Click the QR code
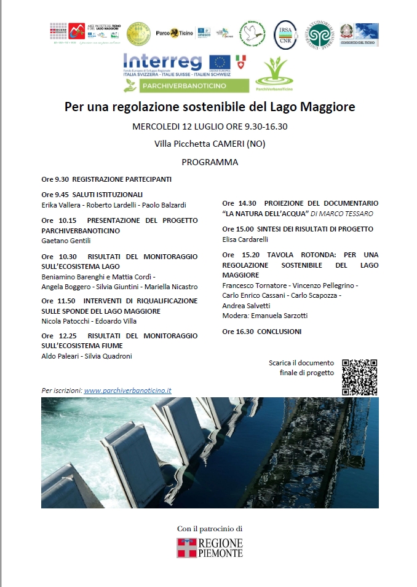tap(359, 377)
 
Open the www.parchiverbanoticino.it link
tap(127, 391)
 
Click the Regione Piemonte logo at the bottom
tap(210, 547)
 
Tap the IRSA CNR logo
tap(285, 34)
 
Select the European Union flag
tap(220, 62)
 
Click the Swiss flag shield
tap(241, 62)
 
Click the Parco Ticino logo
tap(167, 33)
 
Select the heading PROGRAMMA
tap(210, 162)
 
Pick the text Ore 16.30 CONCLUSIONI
tap(262, 332)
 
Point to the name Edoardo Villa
tap(122, 321)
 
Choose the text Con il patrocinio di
tap(210, 528)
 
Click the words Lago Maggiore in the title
tap(312, 107)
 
